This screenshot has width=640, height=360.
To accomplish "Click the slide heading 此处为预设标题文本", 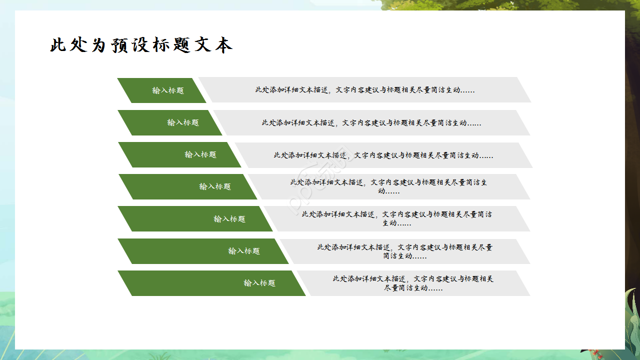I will coord(141,45).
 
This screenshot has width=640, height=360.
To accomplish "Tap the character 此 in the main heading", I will coord(58,45).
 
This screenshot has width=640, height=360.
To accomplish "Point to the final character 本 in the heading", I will coord(223,45).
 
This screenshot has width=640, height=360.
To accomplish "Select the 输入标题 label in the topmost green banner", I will coord(168,90).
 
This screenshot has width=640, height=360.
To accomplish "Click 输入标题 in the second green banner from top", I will coord(183,122).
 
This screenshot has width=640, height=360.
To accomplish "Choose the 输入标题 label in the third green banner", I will coord(200,154).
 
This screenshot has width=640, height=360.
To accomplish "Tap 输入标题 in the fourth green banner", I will coord(215,186).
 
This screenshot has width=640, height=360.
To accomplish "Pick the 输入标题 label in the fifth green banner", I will coord(229,219).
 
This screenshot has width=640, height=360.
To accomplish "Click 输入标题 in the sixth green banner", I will coord(244,251).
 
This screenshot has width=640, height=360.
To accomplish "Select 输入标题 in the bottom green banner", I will coord(259,283).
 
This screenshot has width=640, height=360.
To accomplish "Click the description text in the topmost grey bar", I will coord(365,90).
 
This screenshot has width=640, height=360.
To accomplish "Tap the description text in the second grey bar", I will coord(371,122).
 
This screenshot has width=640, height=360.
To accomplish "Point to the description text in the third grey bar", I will coord(383,155).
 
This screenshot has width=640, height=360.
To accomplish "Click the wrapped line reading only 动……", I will coord(388,191).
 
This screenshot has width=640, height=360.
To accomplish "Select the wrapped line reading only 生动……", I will coord(397,223).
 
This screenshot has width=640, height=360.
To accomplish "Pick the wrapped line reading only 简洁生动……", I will coord(405,255).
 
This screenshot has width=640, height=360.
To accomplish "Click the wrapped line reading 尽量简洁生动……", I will coord(413,288).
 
